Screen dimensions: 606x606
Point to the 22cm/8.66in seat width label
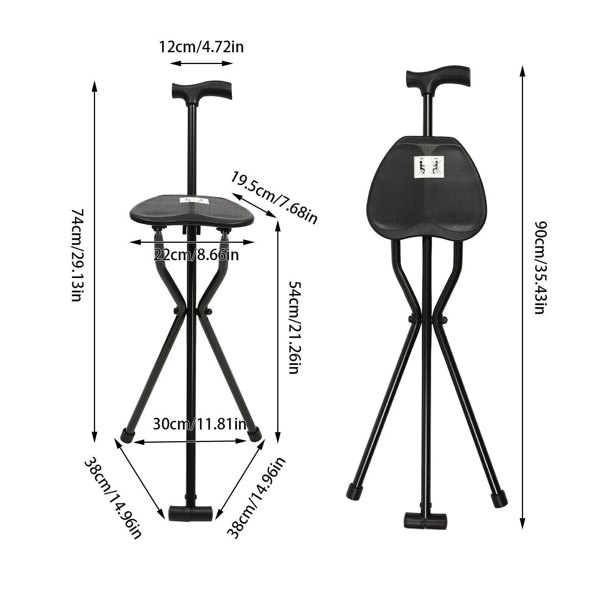coord(197,255)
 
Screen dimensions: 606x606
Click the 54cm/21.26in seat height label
coord(294,327)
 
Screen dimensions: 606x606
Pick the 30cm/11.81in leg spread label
coord(200,423)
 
